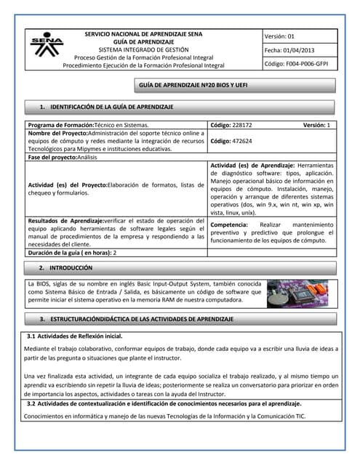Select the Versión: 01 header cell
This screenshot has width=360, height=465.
tap(280, 36)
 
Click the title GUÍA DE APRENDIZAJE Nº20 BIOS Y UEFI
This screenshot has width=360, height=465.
tap(194, 87)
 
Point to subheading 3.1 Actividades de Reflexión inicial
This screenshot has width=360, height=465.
tap(74, 336)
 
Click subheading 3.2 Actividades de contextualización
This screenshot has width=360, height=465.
tap(164, 403)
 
